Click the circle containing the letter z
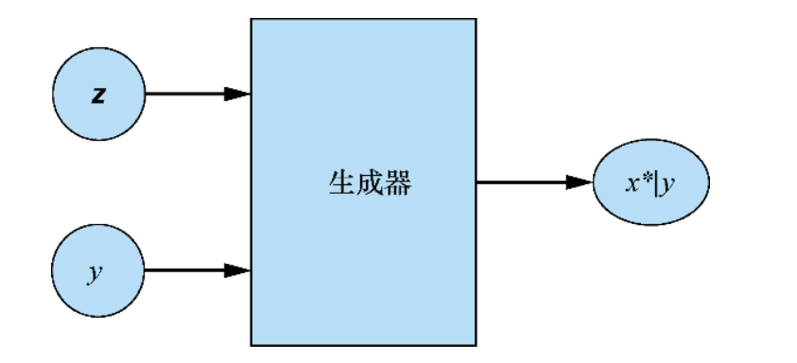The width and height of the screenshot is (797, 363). pyautogui.click(x=99, y=95)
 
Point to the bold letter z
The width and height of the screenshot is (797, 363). pyautogui.click(x=98, y=95)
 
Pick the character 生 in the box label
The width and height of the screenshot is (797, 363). pyautogui.click(x=340, y=182)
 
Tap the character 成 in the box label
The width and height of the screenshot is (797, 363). pyautogui.click(x=370, y=182)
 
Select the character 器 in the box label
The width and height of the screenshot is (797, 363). pyautogui.click(x=398, y=182)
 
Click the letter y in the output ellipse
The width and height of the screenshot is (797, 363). pyautogui.click(x=668, y=185)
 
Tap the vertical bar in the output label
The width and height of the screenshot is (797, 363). pyautogui.click(x=657, y=183)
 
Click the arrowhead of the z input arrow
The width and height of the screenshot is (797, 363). pyautogui.click(x=238, y=95)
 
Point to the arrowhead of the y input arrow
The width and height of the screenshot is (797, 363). pyautogui.click(x=238, y=270)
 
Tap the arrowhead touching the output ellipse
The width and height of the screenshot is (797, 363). pyautogui.click(x=580, y=182)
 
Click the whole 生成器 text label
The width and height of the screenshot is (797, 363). pyautogui.click(x=370, y=182)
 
